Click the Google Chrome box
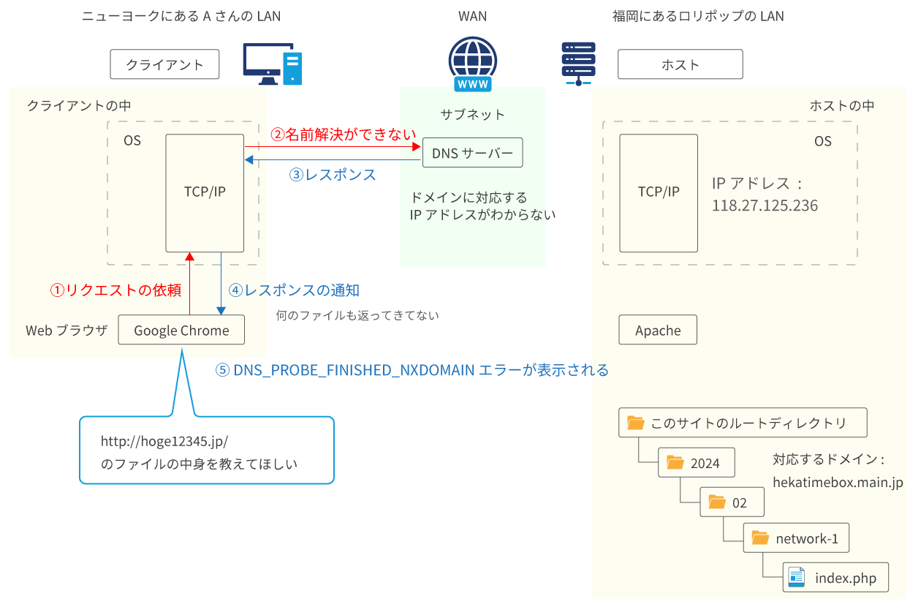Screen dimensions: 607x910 coord(181,331)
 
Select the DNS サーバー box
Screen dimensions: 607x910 coord(472,153)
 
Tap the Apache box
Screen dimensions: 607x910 coord(658,331)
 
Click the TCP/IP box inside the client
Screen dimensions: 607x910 coord(205,192)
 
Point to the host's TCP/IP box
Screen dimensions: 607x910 coord(659,192)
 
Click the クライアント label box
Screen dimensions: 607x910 coord(164,64)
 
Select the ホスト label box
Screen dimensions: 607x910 coord(680,64)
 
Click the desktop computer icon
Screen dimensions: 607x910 coord(272,64)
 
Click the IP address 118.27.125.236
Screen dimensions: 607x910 coord(765,206)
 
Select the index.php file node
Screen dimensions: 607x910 coord(836,578)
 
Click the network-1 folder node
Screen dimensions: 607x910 coord(796,538)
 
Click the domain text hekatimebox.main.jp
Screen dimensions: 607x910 coord(838,483)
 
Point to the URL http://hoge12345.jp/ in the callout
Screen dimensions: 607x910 coord(164,442)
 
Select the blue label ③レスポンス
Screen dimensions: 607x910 coord(333,175)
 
